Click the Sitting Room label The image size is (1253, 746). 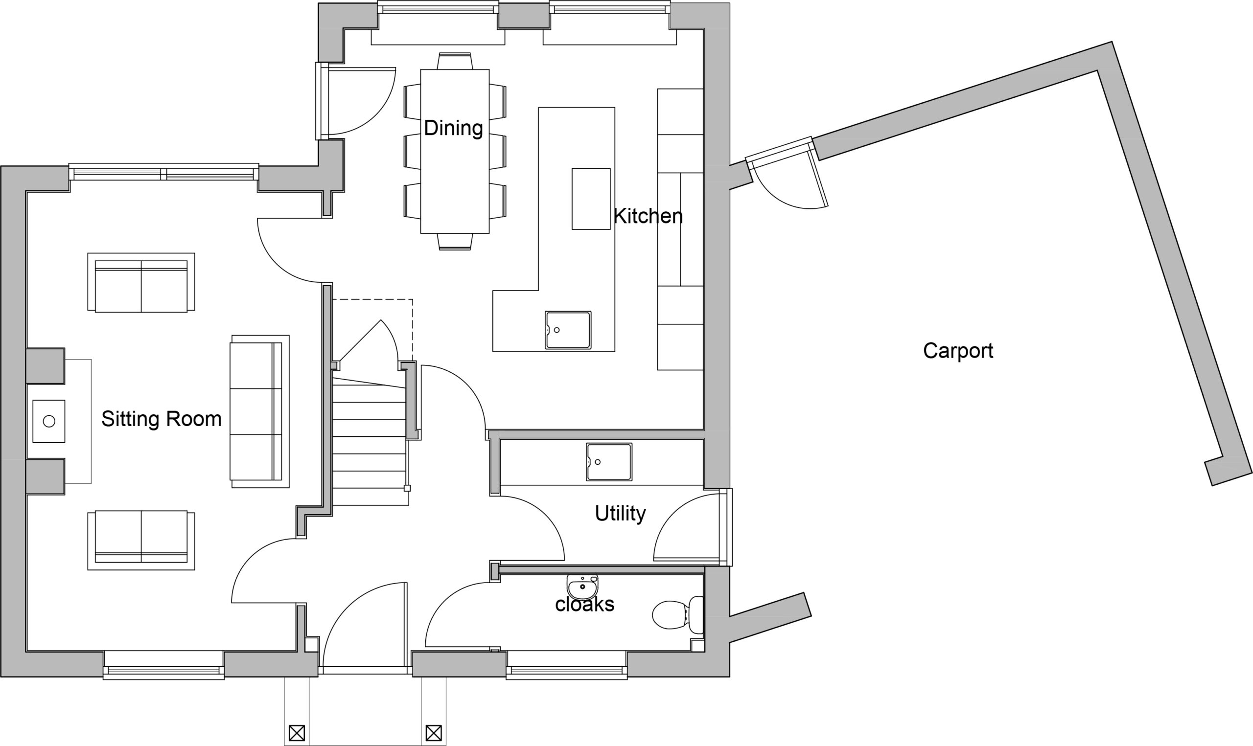click(x=162, y=419)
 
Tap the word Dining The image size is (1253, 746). click(x=454, y=128)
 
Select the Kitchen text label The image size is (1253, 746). click(x=648, y=216)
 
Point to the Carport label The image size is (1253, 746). click(x=958, y=351)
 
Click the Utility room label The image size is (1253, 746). click(x=620, y=514)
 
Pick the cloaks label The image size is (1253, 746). click(x=585, y=604)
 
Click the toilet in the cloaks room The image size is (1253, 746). click(x=678, y=615)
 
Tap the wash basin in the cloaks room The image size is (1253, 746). click(x=582, y=587)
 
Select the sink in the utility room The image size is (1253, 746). click(x=609, y=462)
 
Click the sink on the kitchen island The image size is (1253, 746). click(x=568, y=330)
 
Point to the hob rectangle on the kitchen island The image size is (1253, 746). click(x=591, y=199)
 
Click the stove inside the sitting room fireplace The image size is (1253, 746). click(x=49, y=421)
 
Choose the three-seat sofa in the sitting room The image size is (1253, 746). click(x=259, y=412)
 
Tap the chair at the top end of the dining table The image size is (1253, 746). click(x=455, y=61)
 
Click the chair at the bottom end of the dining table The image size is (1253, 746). click(x=455, y=242)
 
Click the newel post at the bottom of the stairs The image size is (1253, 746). click(x=407, y=488)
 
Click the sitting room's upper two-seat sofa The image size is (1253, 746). click(x=141, y=283)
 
